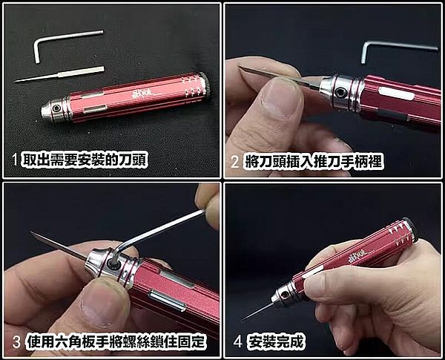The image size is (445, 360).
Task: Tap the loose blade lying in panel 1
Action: [x=59, y=74]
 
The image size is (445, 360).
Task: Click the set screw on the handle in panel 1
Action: [x=57, y=108]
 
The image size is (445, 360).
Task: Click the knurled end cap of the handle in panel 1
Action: [x=205, y=84]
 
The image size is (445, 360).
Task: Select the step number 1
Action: [x=15, y=160]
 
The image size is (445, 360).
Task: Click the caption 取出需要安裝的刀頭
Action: [x=85, y=160]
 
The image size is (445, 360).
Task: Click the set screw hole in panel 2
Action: [x=340, y=92]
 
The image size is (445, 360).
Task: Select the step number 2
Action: [x=235, y=162]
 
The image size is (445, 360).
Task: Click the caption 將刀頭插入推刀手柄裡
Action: [x=313, y=162]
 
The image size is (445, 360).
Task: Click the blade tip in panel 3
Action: [x=31, y=232]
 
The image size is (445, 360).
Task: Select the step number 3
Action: [x=16, y=341]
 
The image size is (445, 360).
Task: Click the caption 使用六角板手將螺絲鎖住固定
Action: [x=116, y=341]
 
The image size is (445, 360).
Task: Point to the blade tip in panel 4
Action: [x=243, y=319]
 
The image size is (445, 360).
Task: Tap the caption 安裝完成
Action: [x=275, y=341]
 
